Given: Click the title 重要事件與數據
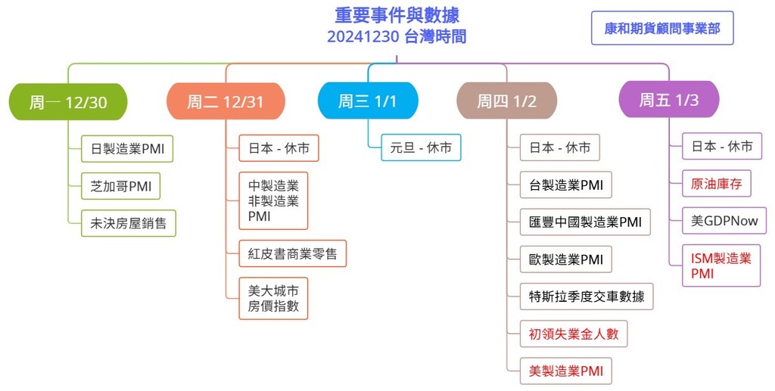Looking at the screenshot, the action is coord(397,15).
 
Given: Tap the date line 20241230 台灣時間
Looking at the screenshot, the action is coord(397,36).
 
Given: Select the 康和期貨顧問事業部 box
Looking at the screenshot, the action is coord(662,28).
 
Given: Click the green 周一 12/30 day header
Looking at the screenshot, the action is coord(68,101).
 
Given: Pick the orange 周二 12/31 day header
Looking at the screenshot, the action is coord(226,101).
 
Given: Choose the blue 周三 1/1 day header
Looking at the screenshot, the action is coord(368,101).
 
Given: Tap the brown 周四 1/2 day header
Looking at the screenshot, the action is coord(506,101).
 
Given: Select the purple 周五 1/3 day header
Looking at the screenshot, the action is coord(669,100).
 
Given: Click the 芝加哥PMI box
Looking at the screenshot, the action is coord(120,186).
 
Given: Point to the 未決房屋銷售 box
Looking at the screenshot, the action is coord(129,223).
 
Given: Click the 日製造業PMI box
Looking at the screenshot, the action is coord(127,148).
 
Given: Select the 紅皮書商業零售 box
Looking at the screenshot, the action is coord(293,254).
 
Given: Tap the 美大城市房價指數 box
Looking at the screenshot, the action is coord(273,298).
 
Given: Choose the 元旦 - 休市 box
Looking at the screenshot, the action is coord(421,147).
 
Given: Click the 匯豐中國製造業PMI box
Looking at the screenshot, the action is coord(585,222).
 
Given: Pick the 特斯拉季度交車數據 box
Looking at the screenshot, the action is coord(587,296).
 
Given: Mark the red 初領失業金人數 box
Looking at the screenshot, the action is coord(574,334).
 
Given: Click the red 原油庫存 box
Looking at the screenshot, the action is coord(717,184).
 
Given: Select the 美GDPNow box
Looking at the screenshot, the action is coord(724,220).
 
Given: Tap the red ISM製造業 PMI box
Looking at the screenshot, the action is coord(721,265).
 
